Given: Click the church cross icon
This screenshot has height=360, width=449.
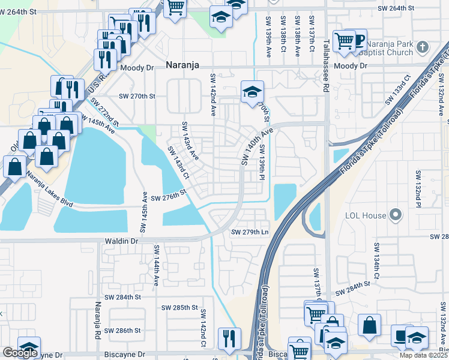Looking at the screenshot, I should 423,47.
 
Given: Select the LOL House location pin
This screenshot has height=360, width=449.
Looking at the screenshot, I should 394,214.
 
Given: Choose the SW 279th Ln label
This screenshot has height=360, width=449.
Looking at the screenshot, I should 250,232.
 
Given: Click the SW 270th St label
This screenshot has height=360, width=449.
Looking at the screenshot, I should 137,96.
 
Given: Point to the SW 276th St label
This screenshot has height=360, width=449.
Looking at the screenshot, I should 169,197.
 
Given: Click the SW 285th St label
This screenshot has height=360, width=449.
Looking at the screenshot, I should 179,308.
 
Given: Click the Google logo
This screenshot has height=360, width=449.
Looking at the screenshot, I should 20,353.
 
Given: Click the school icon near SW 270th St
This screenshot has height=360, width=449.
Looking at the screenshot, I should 252,92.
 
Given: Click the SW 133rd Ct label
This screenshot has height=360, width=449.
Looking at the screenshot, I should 400,88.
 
